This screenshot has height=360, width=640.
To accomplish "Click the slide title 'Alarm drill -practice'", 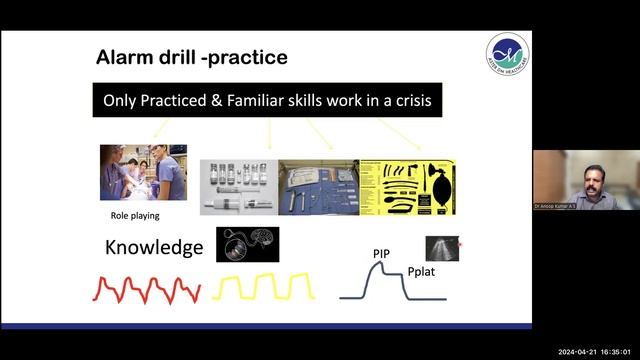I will tap(191, 58).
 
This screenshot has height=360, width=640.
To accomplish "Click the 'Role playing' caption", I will tap(134, 215).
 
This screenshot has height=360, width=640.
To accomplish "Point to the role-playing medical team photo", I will tap(143, 173).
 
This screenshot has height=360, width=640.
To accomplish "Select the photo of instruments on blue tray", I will tap(317, 187).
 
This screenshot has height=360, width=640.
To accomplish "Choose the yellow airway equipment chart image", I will tap(407, 187).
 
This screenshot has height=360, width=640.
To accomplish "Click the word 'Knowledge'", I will tap(154, 248).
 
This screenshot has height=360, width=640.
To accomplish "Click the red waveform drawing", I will tap(146, 288).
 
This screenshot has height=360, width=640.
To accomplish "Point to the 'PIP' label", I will tap(381, 254).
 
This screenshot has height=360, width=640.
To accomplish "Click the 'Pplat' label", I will tap(424, 271).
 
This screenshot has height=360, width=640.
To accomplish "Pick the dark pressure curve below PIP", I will tap(390, 283).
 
